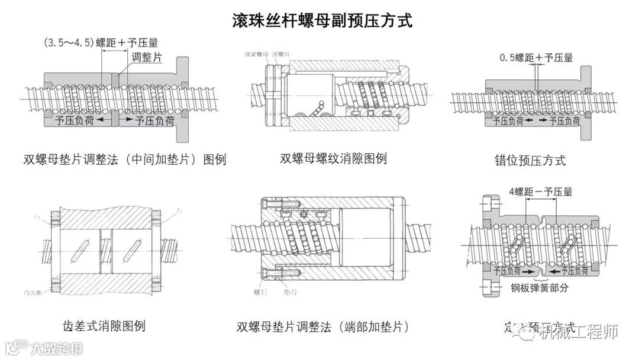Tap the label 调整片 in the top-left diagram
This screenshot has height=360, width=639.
pyautogui.click(x=146, y=57)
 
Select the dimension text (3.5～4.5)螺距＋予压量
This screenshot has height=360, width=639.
pyautogui.click(x=101, y=43)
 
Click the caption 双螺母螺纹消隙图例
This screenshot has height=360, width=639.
pyautogui.click(x=333, y=159)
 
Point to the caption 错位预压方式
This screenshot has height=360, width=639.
pyautogui.click(x=530, y=160)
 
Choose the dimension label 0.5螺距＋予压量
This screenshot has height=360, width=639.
pyautogui.click(x=536, y=58)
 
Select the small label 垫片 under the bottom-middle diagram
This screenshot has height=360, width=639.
pyautogui.click(x=291, y=292)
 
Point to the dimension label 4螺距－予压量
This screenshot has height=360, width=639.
pyautogui.click(x=540, y=192)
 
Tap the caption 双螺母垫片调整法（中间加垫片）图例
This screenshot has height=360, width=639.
pyautogui.click(x=125, y=160)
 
